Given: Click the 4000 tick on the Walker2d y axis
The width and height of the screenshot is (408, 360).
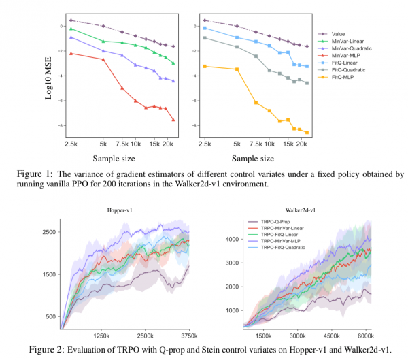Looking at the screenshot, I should click(233, 240).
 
